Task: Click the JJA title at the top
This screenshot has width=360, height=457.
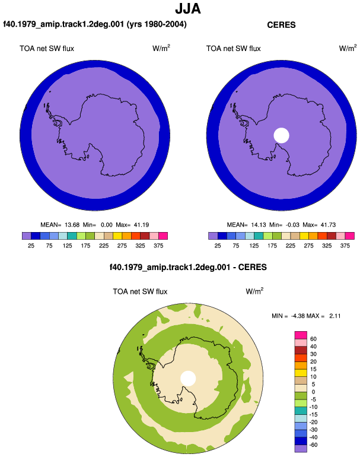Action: tap(188, 9)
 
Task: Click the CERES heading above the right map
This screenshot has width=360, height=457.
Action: tap(281, 25)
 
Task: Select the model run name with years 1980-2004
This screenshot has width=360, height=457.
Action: tap(95, 24)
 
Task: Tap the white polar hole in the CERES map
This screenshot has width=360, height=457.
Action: tap(281, 135)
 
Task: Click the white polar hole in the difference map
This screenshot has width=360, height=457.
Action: tap(188, 378)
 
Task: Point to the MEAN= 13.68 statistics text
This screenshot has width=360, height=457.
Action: tap(60, 225)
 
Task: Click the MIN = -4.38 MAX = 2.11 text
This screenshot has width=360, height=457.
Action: tap(306, 316)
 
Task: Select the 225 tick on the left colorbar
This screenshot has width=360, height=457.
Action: tap(104, 246)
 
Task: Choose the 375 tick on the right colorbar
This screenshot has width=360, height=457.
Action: tap(345, 246)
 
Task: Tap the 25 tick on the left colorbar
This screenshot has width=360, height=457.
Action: tap(31, 246)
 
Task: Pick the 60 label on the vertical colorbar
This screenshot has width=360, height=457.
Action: tap(313, 339)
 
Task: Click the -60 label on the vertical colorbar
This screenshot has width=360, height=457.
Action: tap(313, 445)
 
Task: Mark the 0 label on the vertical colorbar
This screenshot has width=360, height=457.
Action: tap(313, 392)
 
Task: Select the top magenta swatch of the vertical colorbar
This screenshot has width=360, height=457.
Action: tap(301, 335)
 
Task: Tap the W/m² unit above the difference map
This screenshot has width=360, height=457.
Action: tap(254, 291)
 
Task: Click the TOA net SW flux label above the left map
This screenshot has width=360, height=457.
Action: tap(47, 49)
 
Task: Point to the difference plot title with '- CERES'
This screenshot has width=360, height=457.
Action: tap(188, 267)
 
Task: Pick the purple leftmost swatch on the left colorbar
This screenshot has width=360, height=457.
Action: tap(27, 236)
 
